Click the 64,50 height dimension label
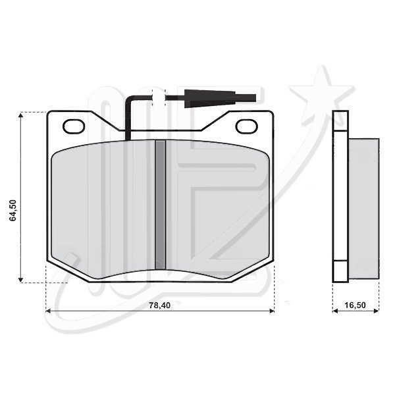point(13,211)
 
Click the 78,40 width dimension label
point(160,305)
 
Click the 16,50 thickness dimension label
point(355,305)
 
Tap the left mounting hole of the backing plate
point(74,126)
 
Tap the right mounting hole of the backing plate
point(246,126)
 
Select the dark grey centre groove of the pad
point(160,205)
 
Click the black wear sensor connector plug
point(220,99)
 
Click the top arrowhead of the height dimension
point(20,115)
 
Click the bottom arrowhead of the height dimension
point(20,280)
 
